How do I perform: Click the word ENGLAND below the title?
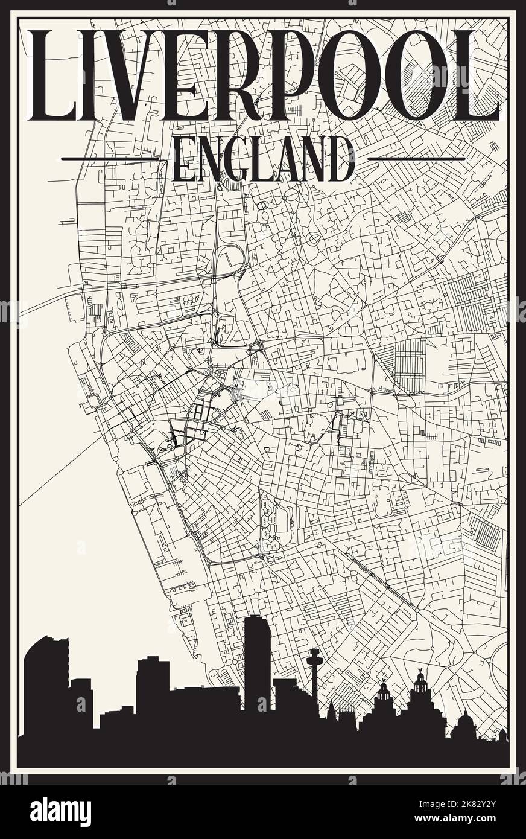coord(263,159)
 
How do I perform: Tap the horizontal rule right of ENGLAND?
coord(416,159)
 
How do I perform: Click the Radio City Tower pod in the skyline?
coord(314,654)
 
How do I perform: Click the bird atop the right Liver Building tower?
coord(420,671)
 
